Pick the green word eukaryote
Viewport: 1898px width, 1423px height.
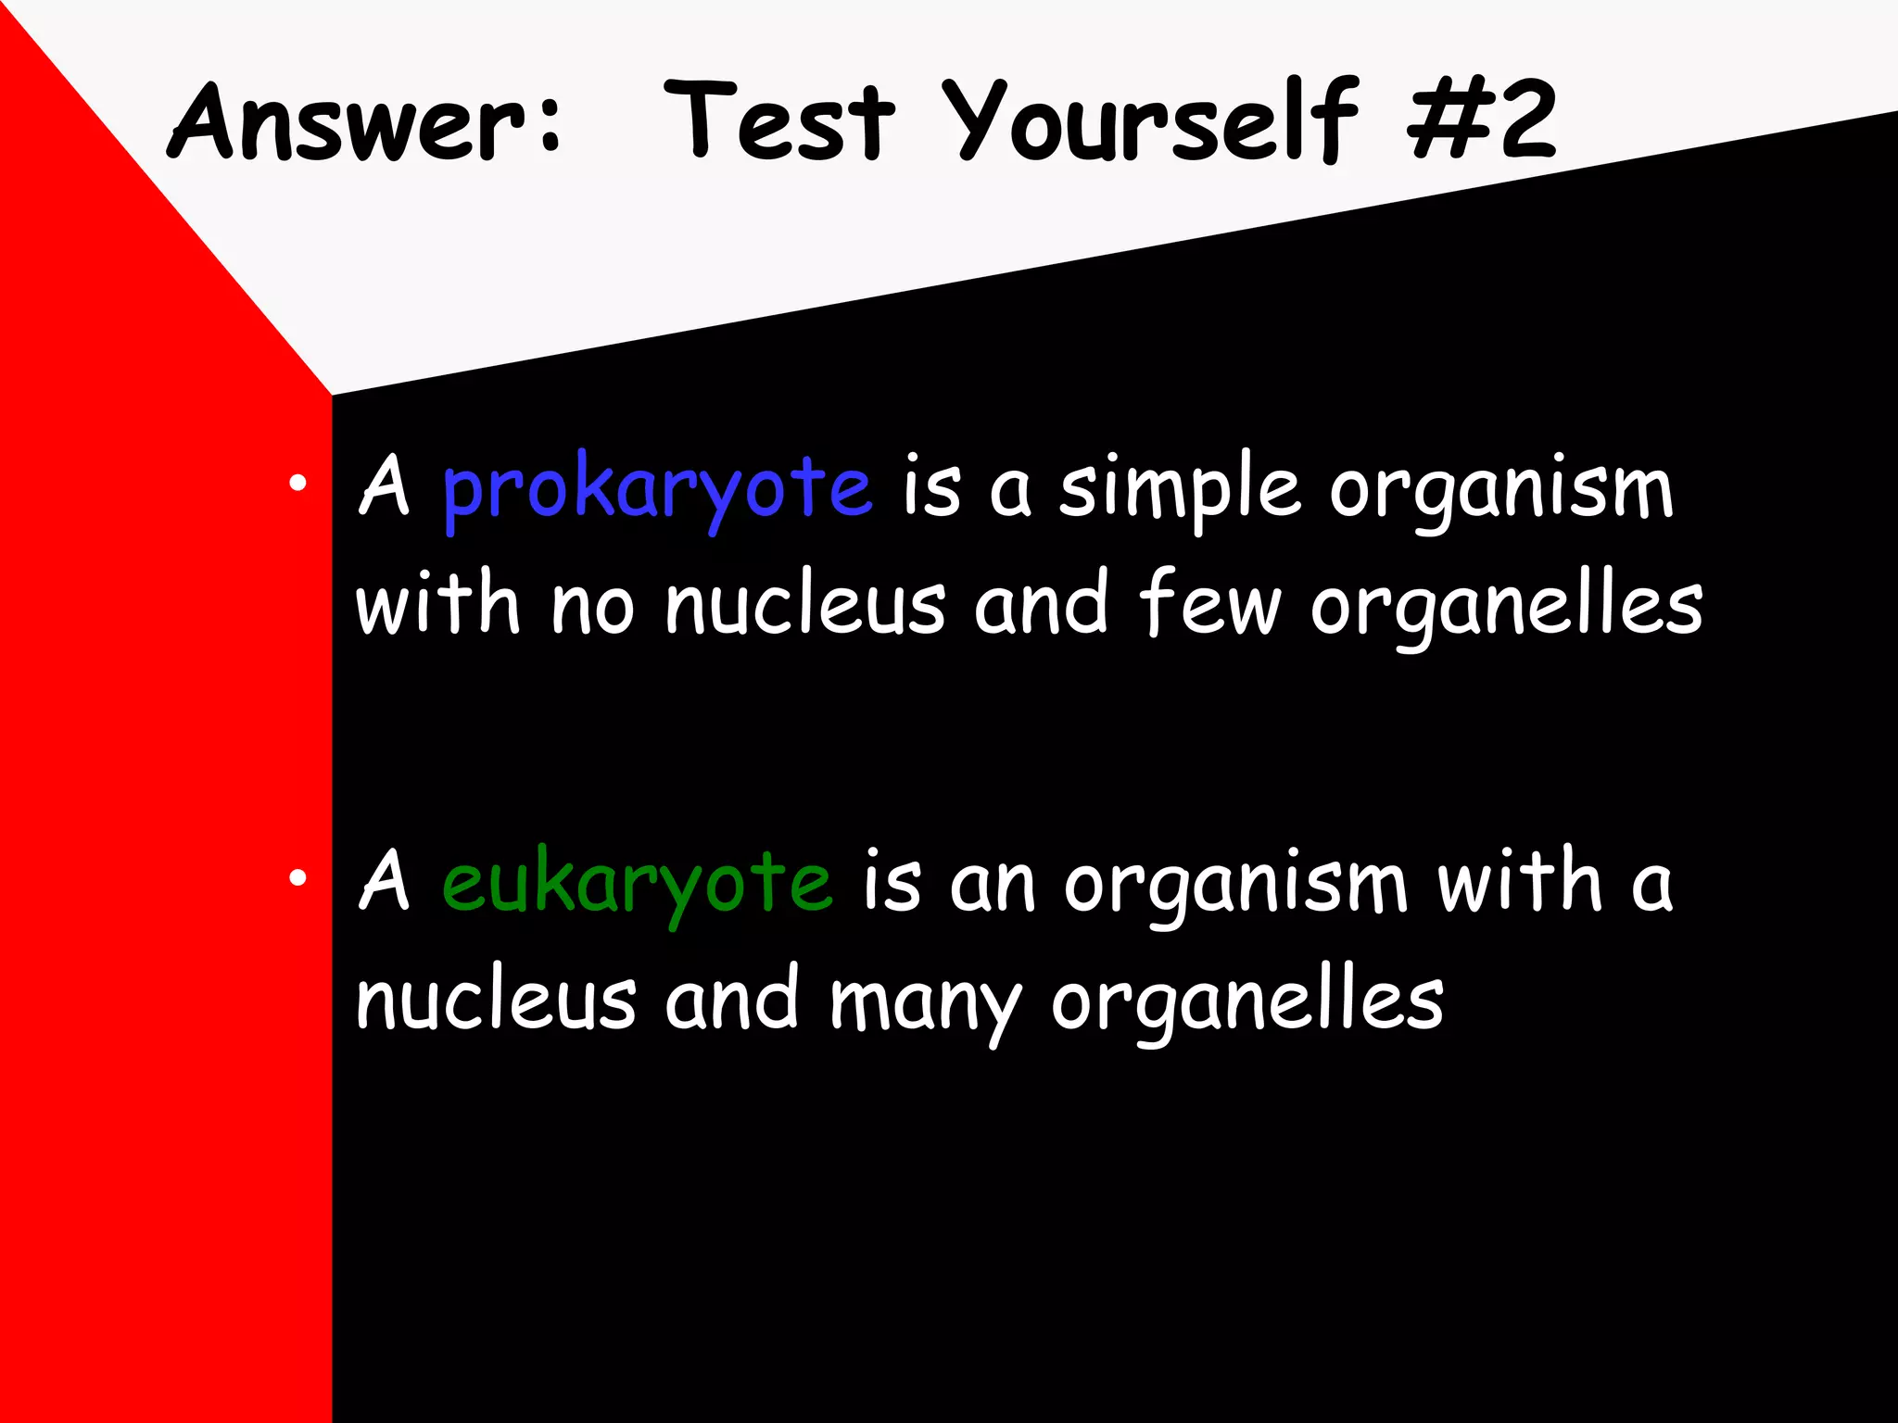[637, 884]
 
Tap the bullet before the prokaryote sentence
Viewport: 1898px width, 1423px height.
[297, 483]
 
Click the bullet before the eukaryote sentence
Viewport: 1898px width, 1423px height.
[297, 877]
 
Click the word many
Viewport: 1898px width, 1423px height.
[925, 1002]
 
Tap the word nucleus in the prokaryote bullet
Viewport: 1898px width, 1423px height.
[805, 606]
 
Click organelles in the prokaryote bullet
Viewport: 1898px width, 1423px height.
[1506, 608]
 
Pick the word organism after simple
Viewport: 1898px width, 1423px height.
[1501, 491]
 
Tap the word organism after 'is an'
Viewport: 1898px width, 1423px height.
[1234, 886]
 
